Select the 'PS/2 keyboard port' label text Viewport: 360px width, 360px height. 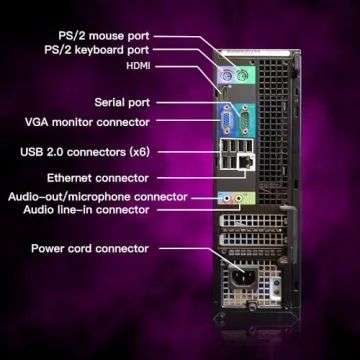click(97, 47)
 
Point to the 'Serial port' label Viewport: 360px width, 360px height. click(122, 102)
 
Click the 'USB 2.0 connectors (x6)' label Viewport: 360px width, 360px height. click(84, 152)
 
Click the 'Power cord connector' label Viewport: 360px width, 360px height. click(90, 248)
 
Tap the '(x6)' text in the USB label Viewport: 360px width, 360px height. click(139, 152)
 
